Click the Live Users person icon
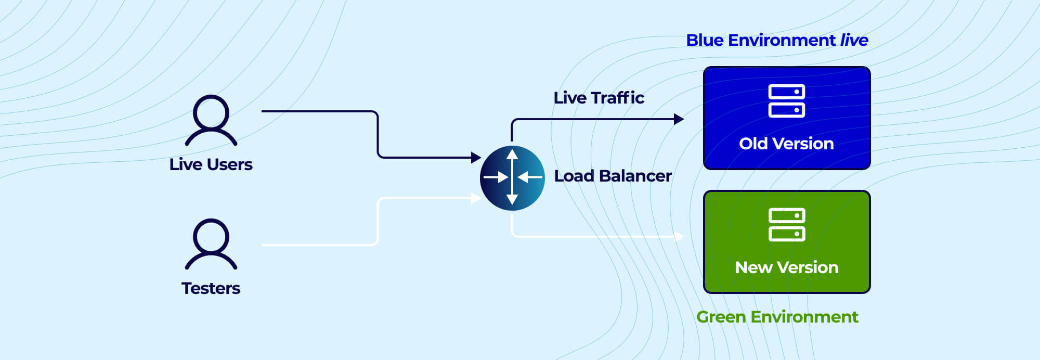pos(211,120)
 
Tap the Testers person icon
pos(211,244)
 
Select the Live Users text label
pos(211,164)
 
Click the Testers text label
pos(211,288)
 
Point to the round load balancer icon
pos(512,178)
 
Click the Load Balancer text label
pos(613,176)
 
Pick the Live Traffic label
pos(599,98)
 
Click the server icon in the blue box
pos(786,101)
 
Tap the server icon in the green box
pos(786,225)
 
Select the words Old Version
pos(786,144)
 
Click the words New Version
pos(786,267)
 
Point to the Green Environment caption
pos(777,317)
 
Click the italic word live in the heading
pos(854,40)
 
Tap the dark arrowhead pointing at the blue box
pos(679,119)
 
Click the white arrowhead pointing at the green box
pos(679,237)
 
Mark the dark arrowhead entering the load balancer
pos(476,157)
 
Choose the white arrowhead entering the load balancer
pos(475,198)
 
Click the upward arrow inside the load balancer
pos(512,155)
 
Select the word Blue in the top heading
pos(705,40)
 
